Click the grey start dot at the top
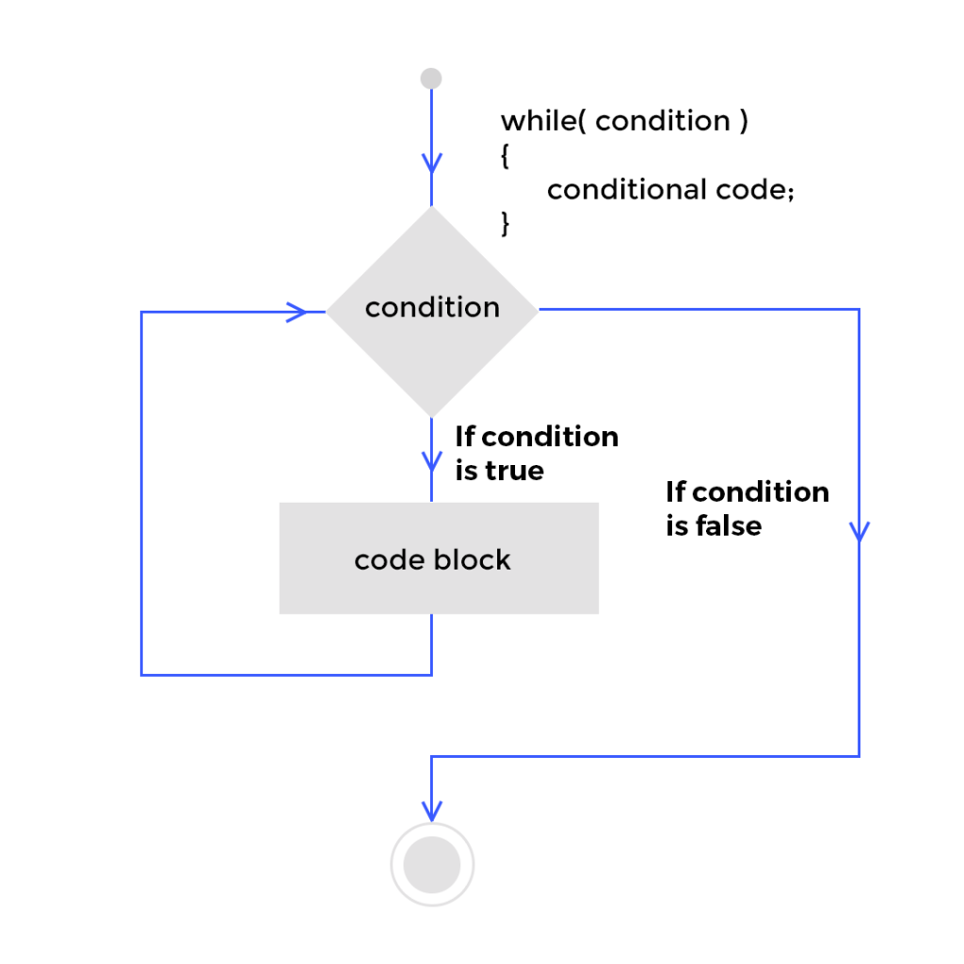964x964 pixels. [431, 79]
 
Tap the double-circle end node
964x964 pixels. [431, 864]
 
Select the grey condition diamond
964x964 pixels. [432, 358]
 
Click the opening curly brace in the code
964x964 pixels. [506, 155]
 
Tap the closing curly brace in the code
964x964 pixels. [506, 223]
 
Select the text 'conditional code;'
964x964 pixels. [671, 189]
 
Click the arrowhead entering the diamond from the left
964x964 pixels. [298, 312]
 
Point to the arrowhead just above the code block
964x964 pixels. [431, 461]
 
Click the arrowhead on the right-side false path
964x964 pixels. [859, 532]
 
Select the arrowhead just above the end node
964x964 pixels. [431, 810]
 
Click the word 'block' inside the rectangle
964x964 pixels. [472, 560]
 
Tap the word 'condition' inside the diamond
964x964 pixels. [432, 308]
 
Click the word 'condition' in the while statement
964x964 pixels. [662, 121]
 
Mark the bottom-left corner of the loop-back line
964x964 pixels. [141, 674]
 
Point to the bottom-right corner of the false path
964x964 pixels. [859, 755]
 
